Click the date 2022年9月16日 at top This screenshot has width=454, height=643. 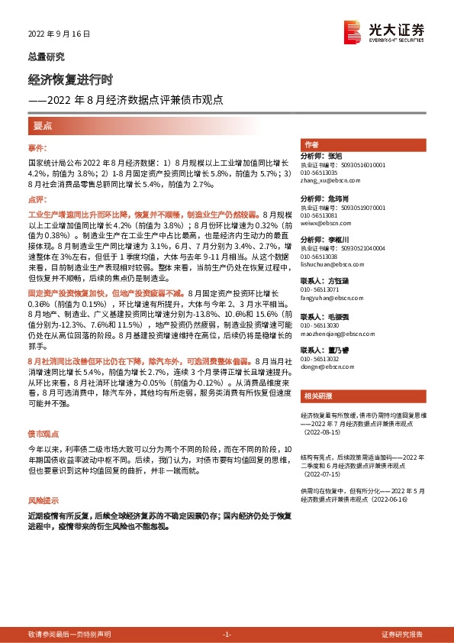click(60, 34)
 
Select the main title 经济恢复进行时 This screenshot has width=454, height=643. click(70, 80)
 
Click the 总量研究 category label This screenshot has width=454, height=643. click(46, 57)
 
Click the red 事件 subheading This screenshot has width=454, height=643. click(37, 147)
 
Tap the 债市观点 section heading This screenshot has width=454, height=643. click(45, 433)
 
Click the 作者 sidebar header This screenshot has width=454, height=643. click(311, 144)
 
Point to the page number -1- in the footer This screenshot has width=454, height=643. click(226, 634)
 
